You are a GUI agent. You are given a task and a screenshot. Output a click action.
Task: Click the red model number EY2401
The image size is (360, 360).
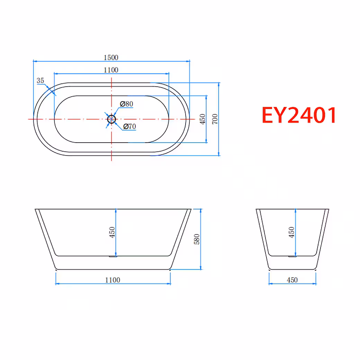pos(299,115)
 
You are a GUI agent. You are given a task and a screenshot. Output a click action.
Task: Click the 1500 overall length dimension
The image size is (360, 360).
pos(111,57)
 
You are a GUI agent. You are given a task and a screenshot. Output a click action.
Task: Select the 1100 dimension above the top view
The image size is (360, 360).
pos(111,70)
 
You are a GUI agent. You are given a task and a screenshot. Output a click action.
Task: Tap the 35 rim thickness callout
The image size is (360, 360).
pos(40,81)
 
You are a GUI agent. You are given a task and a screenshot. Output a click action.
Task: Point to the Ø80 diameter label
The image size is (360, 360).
pos(126,104)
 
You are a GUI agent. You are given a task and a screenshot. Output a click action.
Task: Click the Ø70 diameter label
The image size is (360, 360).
pos(129,126)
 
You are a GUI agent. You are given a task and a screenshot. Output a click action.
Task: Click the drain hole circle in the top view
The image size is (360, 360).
pos(111,119)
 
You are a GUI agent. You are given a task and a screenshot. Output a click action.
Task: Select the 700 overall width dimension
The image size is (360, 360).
pos(215,119)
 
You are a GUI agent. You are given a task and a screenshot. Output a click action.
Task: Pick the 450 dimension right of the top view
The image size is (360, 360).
pos(202,119)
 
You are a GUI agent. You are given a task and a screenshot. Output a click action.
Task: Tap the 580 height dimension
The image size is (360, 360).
pos(197,239)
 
